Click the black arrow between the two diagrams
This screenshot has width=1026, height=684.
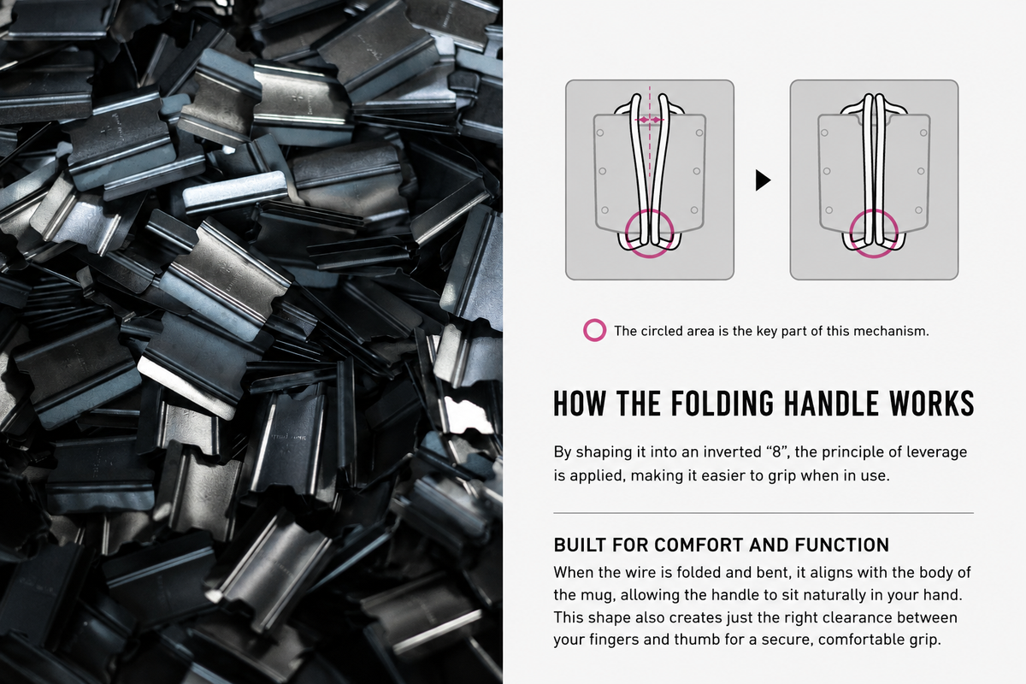(763, 180)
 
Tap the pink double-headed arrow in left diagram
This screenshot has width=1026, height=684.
(650, 120)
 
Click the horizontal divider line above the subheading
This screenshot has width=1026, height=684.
(764, 513)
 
